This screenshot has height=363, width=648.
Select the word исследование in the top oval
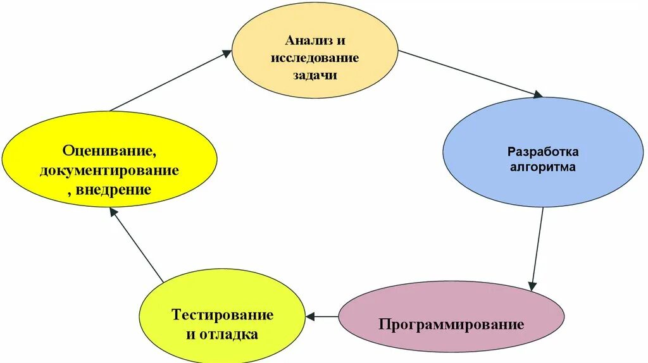315,58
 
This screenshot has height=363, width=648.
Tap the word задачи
315,75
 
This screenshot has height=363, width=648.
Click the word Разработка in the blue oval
543,152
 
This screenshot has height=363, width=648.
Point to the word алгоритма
543,168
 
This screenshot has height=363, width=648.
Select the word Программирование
451,325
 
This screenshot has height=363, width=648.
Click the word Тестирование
222,315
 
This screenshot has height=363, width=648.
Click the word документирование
109,170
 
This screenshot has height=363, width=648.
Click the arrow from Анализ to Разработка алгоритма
470,73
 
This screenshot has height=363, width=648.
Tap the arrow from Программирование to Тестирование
327,316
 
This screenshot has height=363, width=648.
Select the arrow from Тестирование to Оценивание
137,246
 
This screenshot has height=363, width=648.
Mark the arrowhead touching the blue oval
538,95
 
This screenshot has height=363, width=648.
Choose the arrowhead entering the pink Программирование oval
533,286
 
